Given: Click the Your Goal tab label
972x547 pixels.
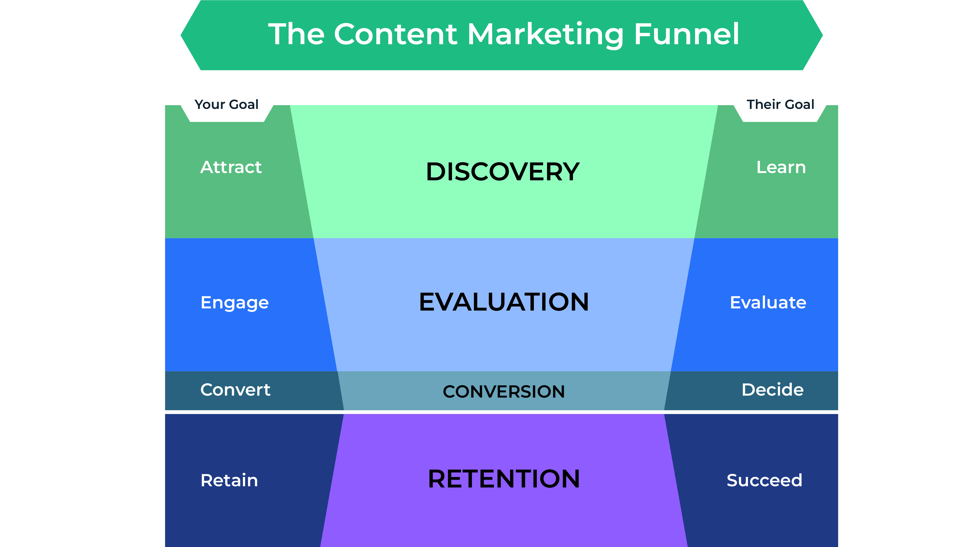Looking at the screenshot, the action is click(x=226, y=104).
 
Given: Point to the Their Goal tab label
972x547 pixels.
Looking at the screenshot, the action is click(x=780, y=104).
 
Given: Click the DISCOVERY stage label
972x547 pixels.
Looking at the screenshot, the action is click(x=503, y=172).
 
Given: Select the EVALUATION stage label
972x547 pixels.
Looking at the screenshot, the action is click(x=504, y=302).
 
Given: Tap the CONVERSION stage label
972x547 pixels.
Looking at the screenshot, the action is click(x=504, y=391).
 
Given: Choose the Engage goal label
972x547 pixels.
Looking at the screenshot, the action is click(x=235, y=303).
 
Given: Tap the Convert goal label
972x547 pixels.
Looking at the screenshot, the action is click(x=235, y=390).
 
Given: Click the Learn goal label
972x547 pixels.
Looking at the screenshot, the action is click(x=781, y=167).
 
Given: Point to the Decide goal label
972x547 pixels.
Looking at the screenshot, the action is click(x=772, y=390).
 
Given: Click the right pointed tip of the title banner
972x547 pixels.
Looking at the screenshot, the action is click(x=823, y=35).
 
